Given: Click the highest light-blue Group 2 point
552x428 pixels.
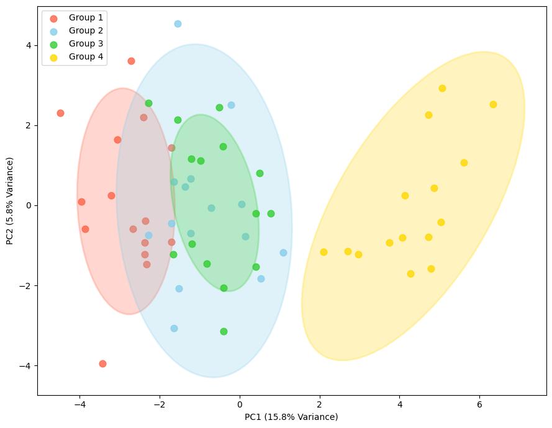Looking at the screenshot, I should click(x=178, y=24).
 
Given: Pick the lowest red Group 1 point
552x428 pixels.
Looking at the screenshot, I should click(x=102, y=363).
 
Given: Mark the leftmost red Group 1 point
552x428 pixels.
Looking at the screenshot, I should click(x=60, y=113).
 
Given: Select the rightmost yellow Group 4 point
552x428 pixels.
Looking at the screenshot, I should click(x=493, y=104).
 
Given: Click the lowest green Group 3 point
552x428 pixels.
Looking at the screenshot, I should click(x=224, y=331).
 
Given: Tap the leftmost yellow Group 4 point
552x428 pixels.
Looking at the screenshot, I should click(x=324, y=252).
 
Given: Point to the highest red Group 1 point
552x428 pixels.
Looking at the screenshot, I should click(x=131, y=61).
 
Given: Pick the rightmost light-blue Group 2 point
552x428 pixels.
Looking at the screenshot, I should click(x=283, y=252).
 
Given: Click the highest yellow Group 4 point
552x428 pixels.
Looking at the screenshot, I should click(x=442, y=88).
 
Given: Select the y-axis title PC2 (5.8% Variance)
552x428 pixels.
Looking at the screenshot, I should click(x=10, y=201).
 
